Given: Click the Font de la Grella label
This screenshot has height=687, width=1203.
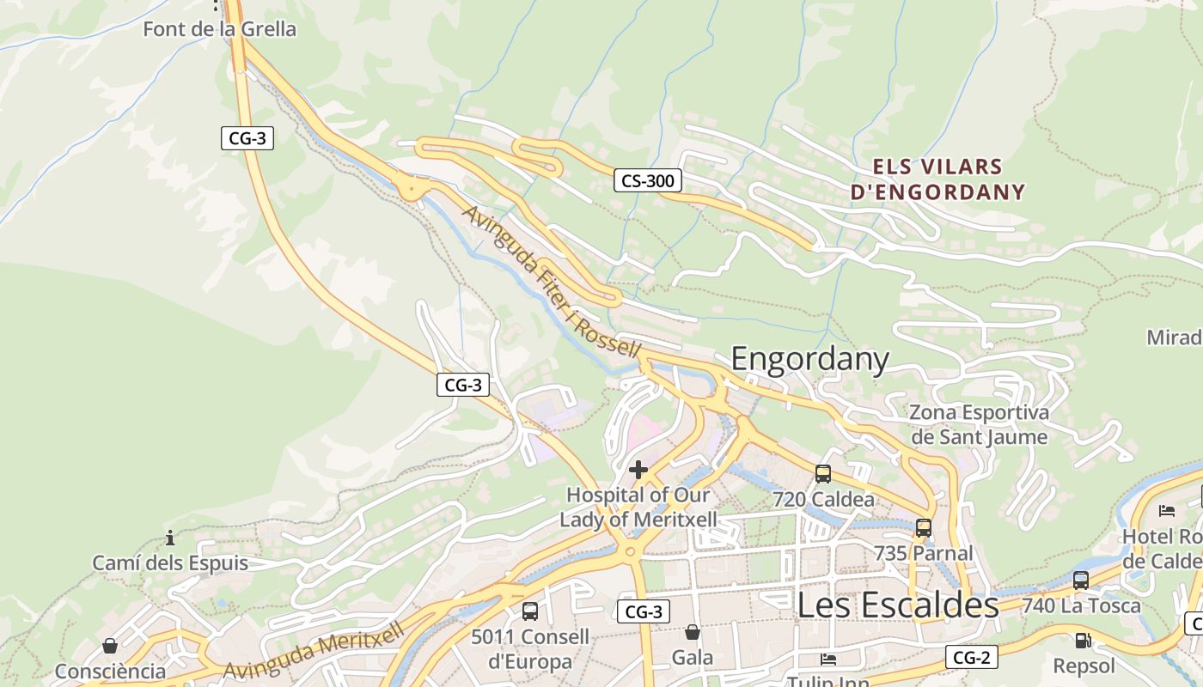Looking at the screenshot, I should (x=219, y=29).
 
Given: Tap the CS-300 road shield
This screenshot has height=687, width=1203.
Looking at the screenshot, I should (x=648, y=180).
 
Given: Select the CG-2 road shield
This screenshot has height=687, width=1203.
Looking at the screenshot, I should (x=973, y=657).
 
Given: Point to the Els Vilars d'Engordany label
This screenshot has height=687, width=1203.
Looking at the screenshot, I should (x=938, y=179).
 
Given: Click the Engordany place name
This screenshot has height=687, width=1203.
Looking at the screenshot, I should (x=809, y=359).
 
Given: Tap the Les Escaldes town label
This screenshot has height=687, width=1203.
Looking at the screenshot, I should (x=898, y=605).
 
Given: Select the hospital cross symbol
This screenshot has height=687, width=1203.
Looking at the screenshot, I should (x=638, y=470).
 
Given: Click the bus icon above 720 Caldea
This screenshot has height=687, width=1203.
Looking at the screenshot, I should (x=823, y=473).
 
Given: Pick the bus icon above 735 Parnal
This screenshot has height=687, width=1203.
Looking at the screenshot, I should (x=924, y=528).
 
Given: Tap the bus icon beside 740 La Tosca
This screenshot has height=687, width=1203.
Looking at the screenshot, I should (x=1081, y=580).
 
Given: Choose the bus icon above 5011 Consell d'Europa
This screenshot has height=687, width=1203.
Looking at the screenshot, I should (x=530, y=611).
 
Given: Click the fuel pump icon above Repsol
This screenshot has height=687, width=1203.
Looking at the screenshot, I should (x=1083, y=640).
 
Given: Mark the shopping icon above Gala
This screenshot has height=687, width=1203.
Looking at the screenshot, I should (x=693, y=633).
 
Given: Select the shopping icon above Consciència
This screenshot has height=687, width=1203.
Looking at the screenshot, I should (x=110, y=646).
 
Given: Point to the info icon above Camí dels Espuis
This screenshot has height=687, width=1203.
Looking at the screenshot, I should (x=170, y=538).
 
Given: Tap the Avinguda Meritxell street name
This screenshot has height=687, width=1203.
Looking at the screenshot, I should (x=314, y=653).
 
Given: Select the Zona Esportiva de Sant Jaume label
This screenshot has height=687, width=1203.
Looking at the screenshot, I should (x=980, y=425).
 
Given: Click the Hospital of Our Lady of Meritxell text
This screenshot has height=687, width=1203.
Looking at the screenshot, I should (x=638, y=508).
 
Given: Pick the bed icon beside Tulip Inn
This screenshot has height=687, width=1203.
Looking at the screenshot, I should (x=828, y=660).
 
